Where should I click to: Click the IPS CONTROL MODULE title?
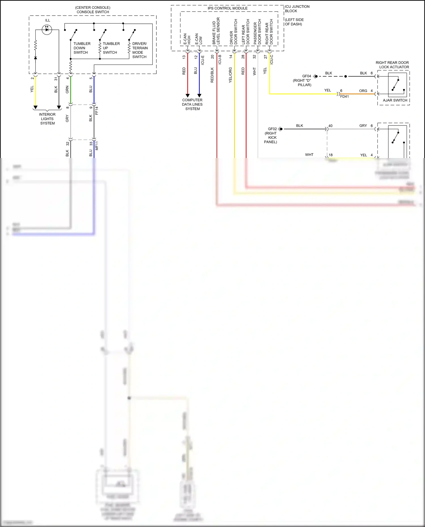228,8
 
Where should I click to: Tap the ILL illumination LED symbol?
47,29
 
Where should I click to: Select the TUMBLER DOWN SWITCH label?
82,48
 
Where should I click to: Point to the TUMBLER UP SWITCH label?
111,48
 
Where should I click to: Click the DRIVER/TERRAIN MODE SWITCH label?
140,50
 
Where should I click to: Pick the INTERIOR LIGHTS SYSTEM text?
47,119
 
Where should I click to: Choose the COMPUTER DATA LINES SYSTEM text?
192,104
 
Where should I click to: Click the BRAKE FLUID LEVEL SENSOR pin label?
216,31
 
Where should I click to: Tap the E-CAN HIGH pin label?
187,39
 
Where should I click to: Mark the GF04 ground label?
307,76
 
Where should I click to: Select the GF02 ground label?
272,129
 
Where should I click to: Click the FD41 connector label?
345,97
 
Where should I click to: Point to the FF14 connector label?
97,110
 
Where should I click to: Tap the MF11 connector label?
97,146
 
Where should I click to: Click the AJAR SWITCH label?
395,100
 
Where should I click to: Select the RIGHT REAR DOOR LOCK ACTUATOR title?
392,65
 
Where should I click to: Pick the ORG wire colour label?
363,91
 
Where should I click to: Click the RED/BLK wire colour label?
212,75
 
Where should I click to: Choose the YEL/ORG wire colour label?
230,75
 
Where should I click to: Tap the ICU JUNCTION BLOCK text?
297,9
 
